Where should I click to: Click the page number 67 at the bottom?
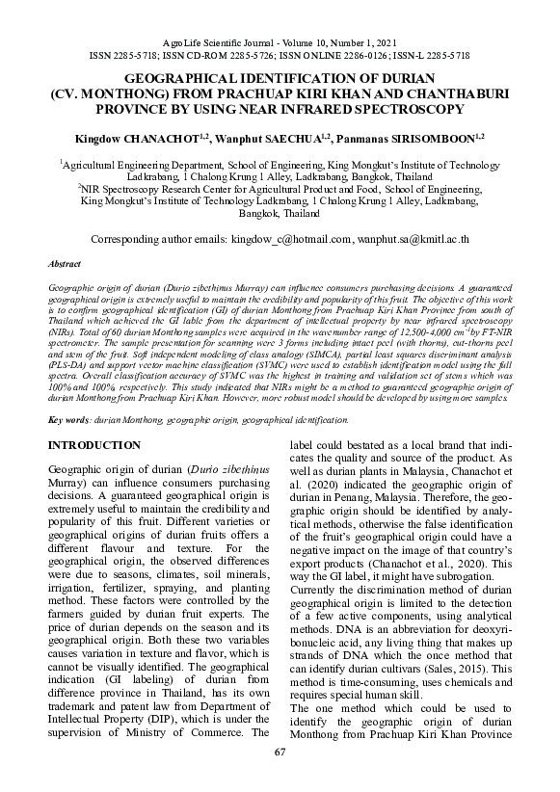tap(280, 752)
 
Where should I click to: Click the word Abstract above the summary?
tap(64, 262)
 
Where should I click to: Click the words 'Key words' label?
tap(68, 420)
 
